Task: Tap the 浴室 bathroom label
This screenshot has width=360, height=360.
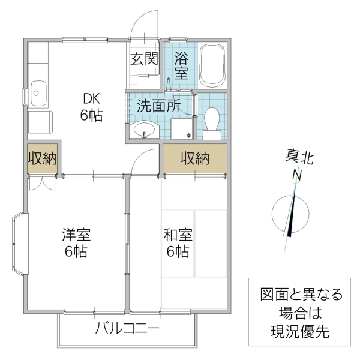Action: (181, 65)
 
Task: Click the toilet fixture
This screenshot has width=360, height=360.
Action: (211, 117)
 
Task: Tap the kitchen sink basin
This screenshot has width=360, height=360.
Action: (38, 93)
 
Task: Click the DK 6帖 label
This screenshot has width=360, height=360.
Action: (92, 107)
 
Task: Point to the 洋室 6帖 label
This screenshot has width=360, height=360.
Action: (76, 242)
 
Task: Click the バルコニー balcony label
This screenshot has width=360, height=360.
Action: (127, 328)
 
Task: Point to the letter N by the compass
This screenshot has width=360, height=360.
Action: (296, 176)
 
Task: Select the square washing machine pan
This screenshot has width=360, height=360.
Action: (182, 127)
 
